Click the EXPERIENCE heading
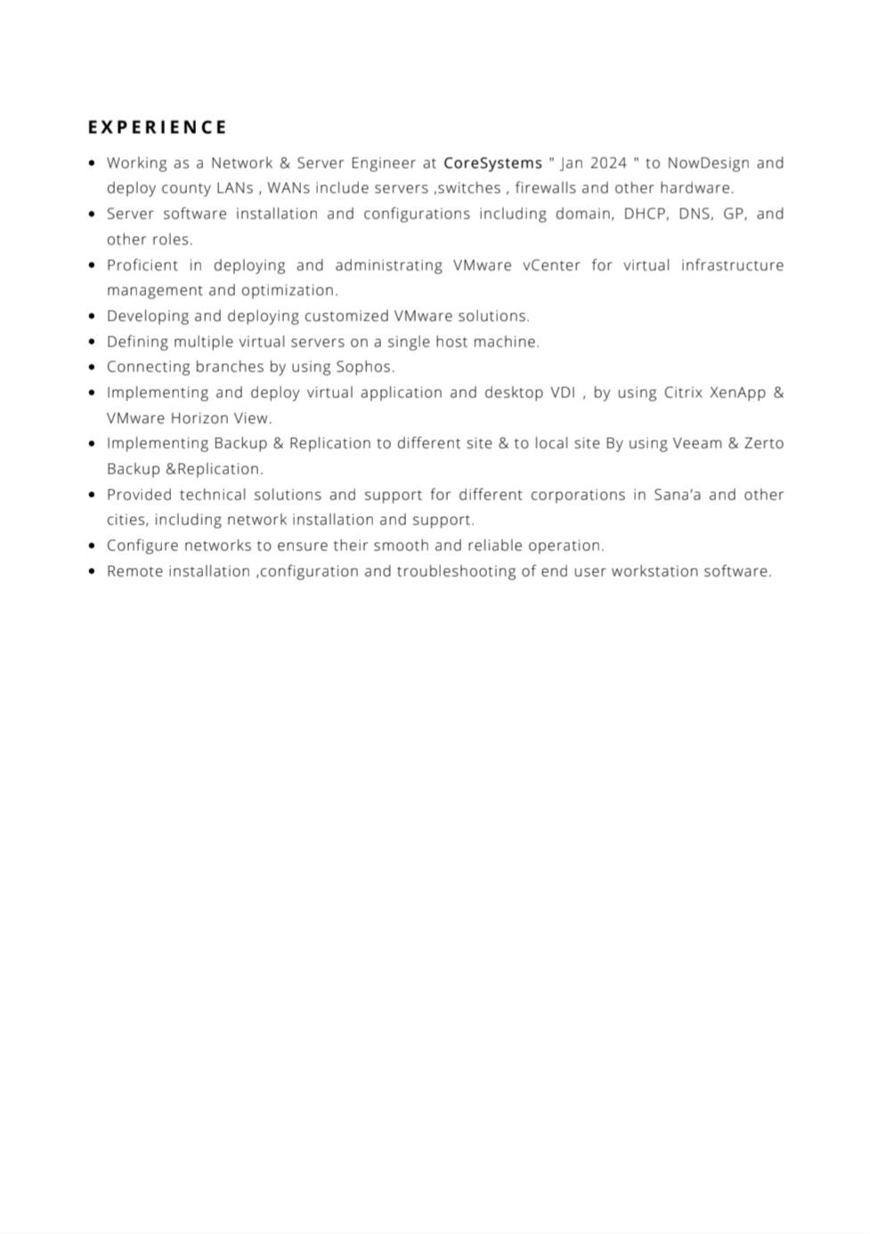tap(158, 127)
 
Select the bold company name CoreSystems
tap(492, 163)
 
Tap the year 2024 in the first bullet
tap(608, 163)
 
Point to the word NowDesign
tap(708, 163)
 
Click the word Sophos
tap(364, 367)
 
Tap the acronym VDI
tap(563, 392)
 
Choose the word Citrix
tap(683, 392)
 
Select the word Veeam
tap(697, 443)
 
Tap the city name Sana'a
tap(677, 495)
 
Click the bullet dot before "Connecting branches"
tap(93, 367)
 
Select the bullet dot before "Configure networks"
tap(93, 545)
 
